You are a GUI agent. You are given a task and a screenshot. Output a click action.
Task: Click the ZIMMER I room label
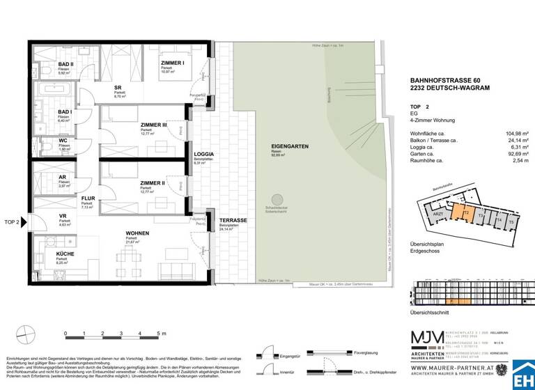[172, 63]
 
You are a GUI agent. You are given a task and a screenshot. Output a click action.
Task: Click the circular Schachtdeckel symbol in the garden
[277, 200]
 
